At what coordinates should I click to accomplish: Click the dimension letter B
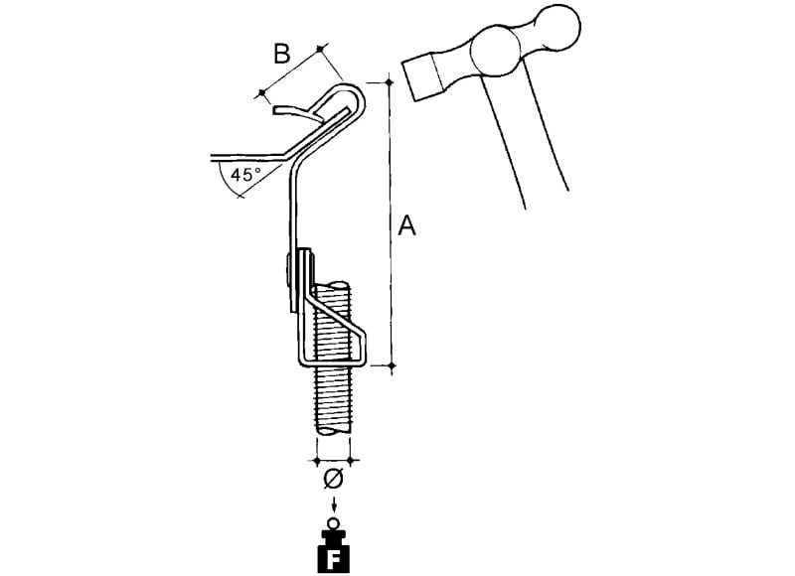[x=282, y=54]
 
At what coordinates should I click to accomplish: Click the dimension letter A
[x=406, y=225]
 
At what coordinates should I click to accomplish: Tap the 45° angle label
[x=245, y=175]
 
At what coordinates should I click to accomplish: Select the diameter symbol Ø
[x=333, y=480]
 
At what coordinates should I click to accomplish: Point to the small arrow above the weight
[x=334, y=505]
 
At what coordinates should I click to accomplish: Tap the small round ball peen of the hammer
[x=558, y=27]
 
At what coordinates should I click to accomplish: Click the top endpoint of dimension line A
[x=390, y=82]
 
